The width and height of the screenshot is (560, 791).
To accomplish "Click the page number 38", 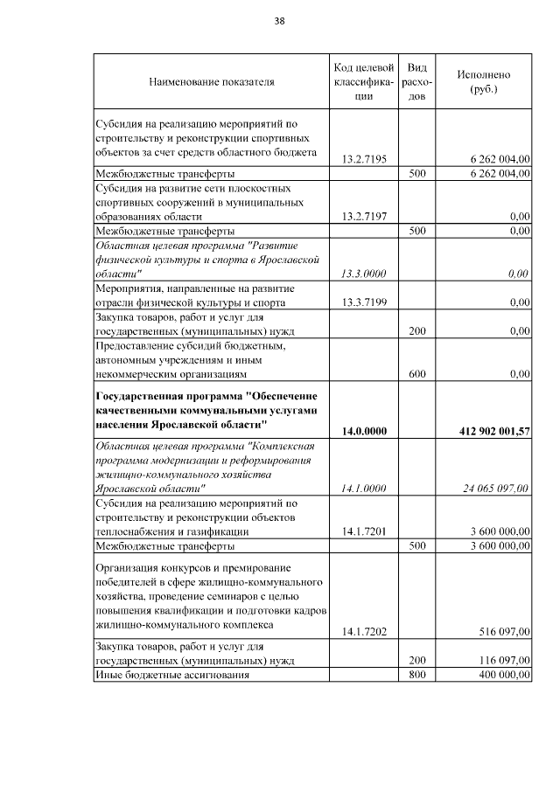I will click(279, 20).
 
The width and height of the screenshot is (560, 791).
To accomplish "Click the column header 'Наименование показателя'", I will click(211, 82).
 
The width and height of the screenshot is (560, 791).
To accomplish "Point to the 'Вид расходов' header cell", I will click(417, 82).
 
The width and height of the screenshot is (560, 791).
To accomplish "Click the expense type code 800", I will click(417, 675).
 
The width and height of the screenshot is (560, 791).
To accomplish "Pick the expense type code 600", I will click(417, 374).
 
